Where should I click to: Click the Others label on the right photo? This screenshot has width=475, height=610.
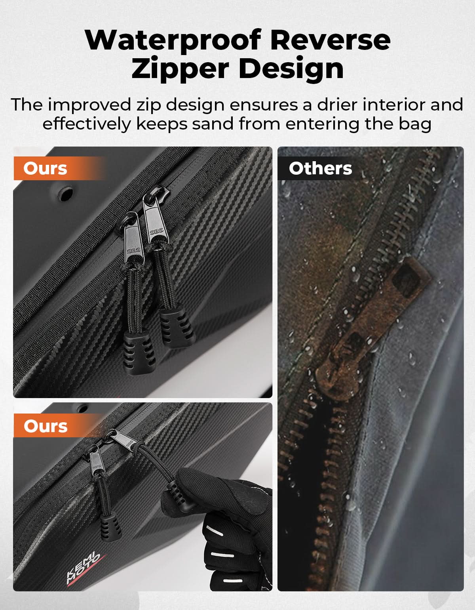tap(321, 168)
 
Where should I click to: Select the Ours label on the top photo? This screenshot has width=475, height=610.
tap(46, 168)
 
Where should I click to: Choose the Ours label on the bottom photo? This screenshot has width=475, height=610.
tap(46, 426)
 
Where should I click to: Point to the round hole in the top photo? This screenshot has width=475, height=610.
tap(66, 194)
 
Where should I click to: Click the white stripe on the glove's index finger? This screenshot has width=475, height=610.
tap(215, 530)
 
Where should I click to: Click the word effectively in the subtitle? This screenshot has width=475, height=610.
tap(87, 124)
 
